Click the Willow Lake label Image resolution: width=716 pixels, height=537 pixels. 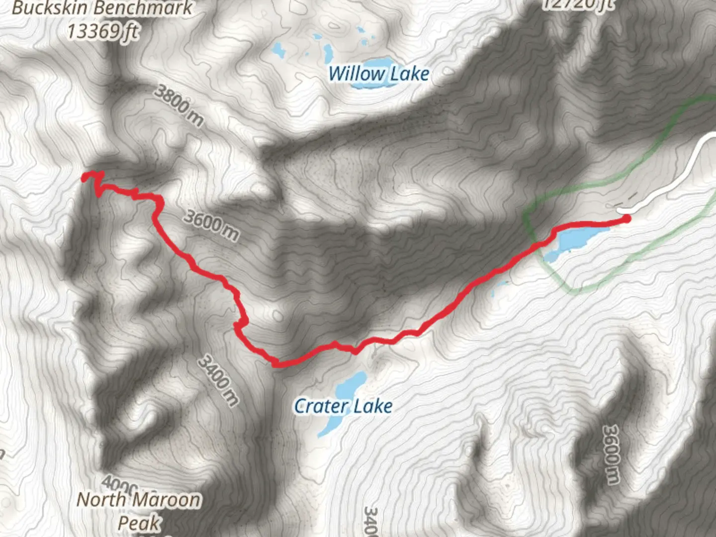tap(378, 74)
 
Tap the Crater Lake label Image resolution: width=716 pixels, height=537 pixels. tap(343, 406)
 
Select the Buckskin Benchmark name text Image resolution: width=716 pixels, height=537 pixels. tap(102, 8)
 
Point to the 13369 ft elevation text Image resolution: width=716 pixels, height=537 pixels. tap(102, 31)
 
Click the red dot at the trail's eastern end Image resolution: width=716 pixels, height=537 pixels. tap(626, 218)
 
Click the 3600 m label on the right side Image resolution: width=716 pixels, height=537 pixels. tap(612, 453)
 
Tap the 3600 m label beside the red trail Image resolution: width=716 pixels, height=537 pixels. tap(211, 225)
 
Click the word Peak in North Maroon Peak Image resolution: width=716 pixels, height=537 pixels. tap(139, 523)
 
